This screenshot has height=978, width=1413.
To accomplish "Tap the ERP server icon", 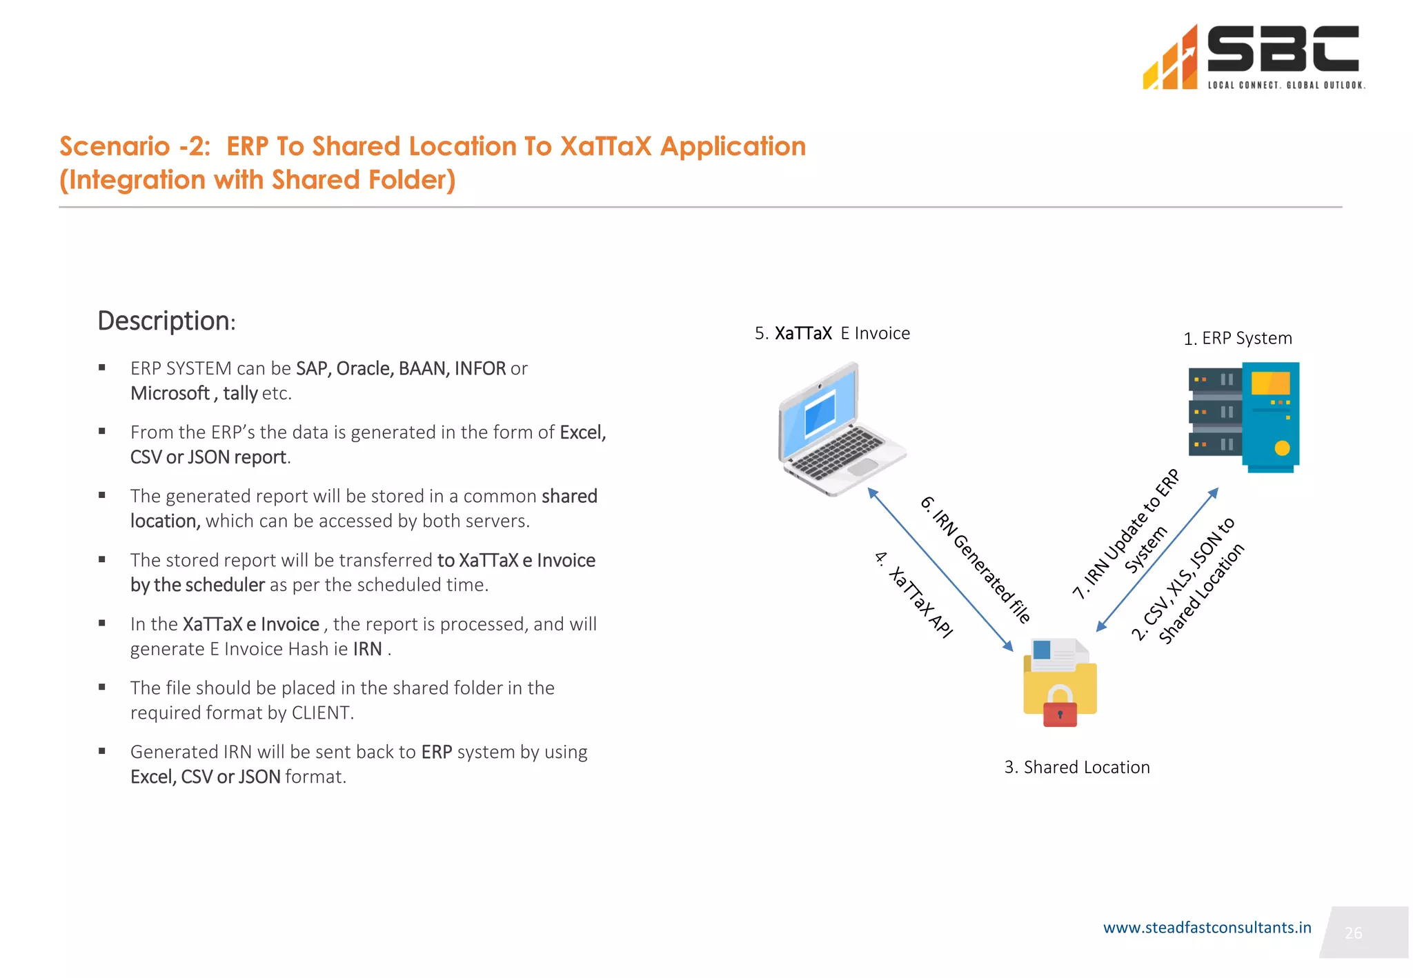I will pyautogui.click(x=1244, y=417).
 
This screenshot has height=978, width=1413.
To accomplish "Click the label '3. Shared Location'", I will pyautogui.click(x=1077, y=767).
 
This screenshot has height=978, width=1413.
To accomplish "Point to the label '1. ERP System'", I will pyautogui.click(x=1238, y=338).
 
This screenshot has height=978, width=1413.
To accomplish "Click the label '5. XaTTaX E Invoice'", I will pyautogui.click(x=832, y=333).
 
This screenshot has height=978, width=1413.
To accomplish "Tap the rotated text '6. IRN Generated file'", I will pyautogui.click(x=976, y=559).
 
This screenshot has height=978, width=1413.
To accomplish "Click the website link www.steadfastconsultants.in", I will pyautogui.click(x=1207, y=928).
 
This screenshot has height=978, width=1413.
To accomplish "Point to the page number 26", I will pyautogui.click(x=1353, y=933).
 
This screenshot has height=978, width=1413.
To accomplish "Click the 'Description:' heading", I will pyautogui.click(x=166, y=321).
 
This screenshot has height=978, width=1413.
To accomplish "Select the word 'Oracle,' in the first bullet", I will pyautogui.click(x=364, y=369).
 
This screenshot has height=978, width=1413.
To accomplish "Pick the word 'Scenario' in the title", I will pyautogui.click(x=115, y=146).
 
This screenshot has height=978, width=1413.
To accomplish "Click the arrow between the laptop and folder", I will pyautogui.click(x=940, y=570).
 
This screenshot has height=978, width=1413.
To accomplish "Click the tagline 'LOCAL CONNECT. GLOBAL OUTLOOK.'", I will pyautogui.click(x=1285, y=86).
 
